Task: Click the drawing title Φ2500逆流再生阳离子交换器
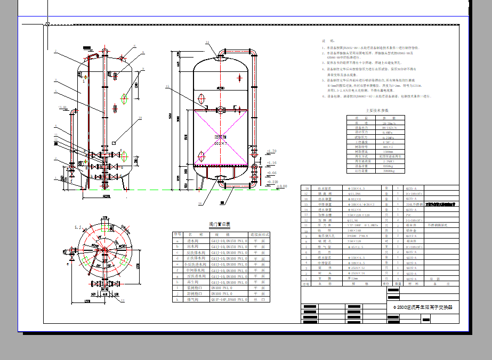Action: (x=422, y=307)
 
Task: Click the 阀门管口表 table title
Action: (x=219, y=225)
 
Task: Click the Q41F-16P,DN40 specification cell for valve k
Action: (x=229, y=300)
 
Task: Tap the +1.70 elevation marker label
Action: (x=271, y=151)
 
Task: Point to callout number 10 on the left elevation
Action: (x=140, y=118)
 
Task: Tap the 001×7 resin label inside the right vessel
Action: (x=221, y=143)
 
